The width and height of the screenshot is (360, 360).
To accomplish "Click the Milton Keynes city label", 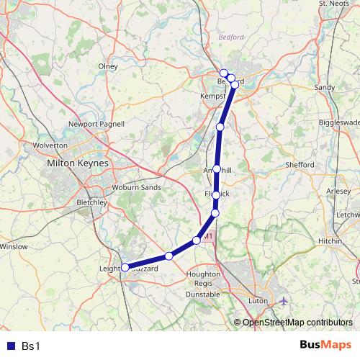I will [x=77, y=163].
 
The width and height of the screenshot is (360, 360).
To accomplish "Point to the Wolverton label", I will [x=50, y=145].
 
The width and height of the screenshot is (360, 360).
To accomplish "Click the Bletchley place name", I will [x=91, y=203].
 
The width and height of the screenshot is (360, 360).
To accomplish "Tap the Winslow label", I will [x=14, y=247].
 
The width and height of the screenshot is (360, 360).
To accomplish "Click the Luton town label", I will [x=257, y=300].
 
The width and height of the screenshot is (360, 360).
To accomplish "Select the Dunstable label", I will [x=203, y=294].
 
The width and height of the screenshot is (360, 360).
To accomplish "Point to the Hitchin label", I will [x=330, y=240].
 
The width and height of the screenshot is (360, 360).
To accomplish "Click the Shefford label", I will [x=300, y=165].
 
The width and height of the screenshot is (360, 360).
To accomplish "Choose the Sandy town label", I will [x=325, y=87].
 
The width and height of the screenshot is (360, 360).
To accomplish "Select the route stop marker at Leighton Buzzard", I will [x=125, y=267].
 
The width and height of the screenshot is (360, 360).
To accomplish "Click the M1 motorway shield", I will [x=210, y=235].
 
